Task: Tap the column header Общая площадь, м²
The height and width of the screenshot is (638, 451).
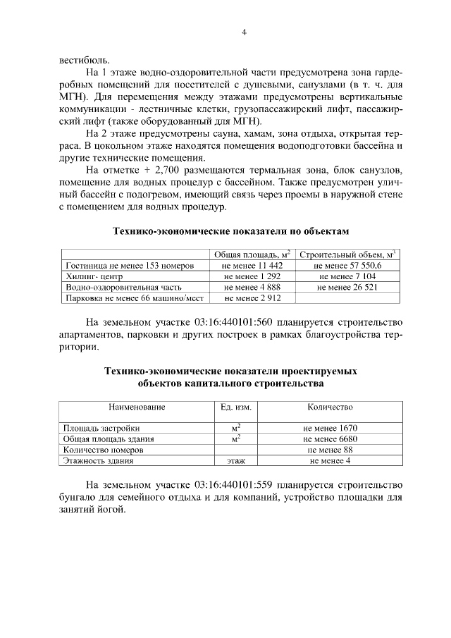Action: (x=252, y=254)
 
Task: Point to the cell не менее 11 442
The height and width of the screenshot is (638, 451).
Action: (x=252, y=266)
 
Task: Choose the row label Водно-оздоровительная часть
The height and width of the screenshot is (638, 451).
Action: (x=123, y=288)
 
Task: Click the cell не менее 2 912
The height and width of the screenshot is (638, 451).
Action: (x=252, y=299)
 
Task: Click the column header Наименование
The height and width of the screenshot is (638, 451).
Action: (x=136, y=407)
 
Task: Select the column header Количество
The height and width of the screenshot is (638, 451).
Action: (x=330, y=407)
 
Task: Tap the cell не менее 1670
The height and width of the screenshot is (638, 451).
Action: (x=330, y=428)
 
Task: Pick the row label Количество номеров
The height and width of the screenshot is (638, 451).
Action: (x=104, y=450)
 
